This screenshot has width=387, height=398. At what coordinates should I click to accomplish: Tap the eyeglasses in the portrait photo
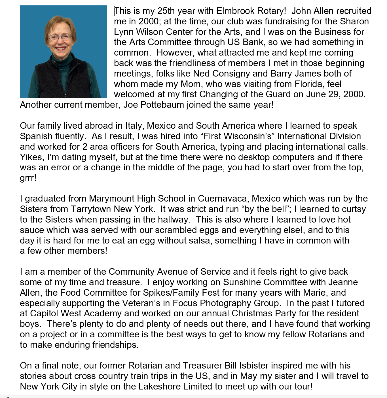[59, 37]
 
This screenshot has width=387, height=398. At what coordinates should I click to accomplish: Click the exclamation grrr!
[28, 178]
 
